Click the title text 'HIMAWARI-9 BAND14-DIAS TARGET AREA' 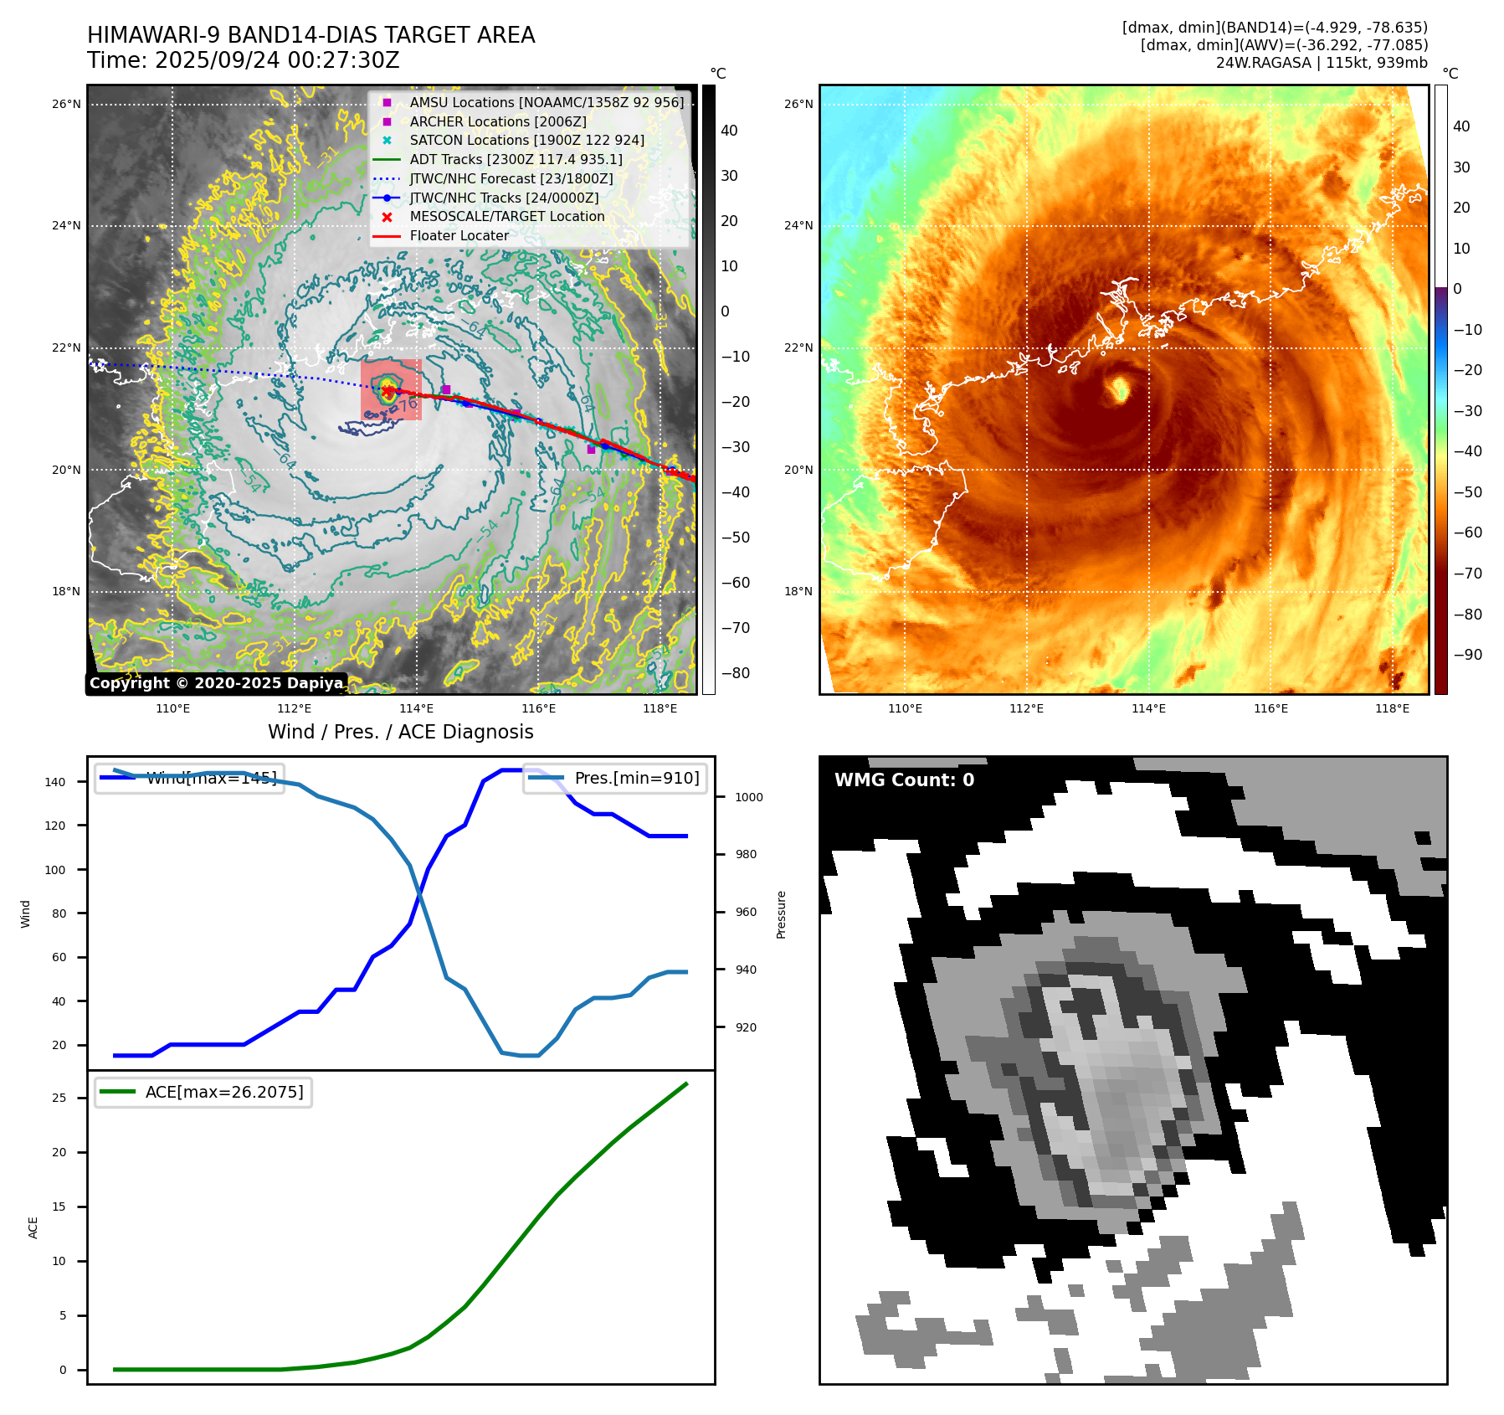[x=311, y=35]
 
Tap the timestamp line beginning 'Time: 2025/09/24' [x=243, y=60]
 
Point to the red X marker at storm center [x=388, y=391]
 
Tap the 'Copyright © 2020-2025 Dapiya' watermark [x=216, y=683]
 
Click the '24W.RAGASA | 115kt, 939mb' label [x=1322, y=63]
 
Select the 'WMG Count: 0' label [x=904, y=780]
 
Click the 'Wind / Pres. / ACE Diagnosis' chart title [x=400, y=732]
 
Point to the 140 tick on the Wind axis [x=55, y=782]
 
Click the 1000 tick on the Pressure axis [x=748, y=797]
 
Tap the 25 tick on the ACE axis [x=59, y=1098]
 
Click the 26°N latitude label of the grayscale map [x=66, y=105]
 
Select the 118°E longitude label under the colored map [x=1392, y=708]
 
